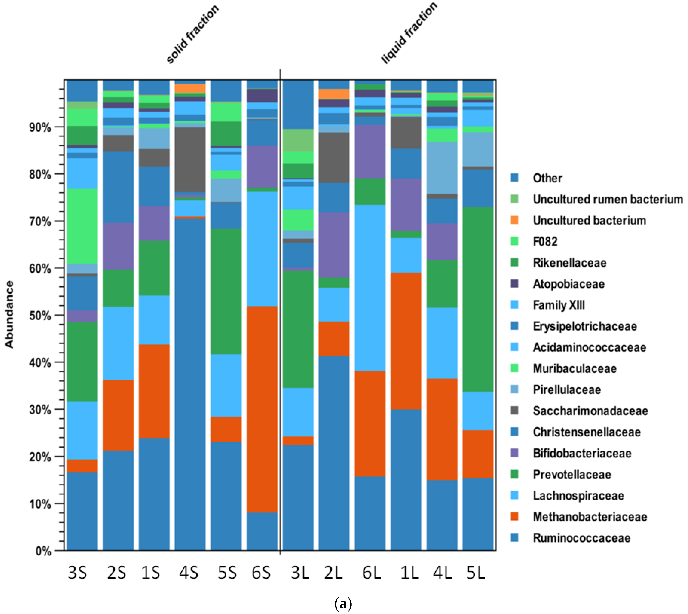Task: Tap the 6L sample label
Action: coord(371,573)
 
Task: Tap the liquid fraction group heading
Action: coord(409,33)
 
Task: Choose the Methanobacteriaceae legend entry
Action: coord(589,517)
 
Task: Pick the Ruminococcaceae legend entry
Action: coord(581,538)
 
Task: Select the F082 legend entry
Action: coord(545,242)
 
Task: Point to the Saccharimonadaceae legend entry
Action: coord(590,411)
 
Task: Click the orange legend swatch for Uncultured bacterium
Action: coord(514,220)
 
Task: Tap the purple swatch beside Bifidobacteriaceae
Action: coord(514,453)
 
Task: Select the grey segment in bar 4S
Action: coord(190,160)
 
